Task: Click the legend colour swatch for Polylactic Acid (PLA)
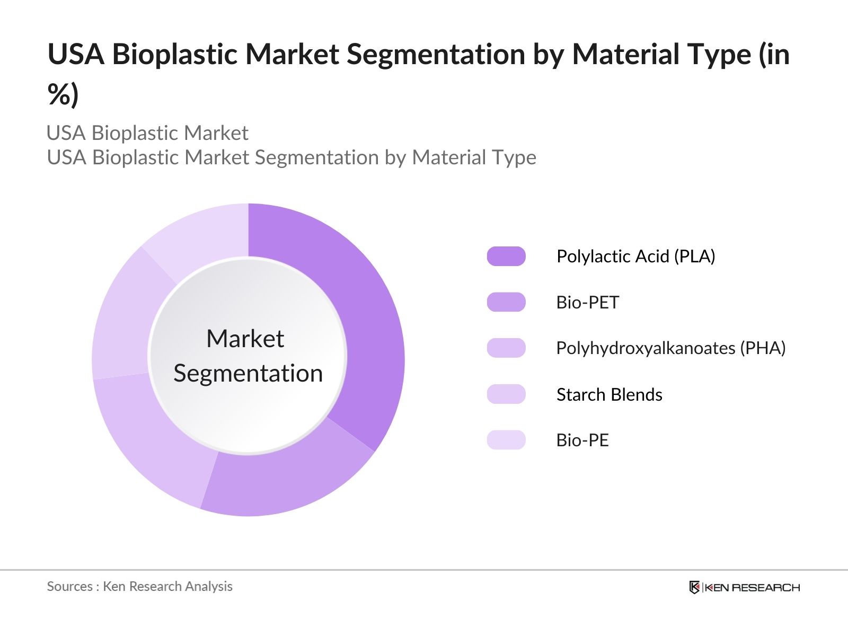506,257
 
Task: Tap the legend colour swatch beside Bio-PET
506,302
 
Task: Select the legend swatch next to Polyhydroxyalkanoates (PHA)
506,348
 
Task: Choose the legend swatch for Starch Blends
506,394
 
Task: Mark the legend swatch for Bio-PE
506,440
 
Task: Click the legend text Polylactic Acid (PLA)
635,257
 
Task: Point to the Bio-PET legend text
587,303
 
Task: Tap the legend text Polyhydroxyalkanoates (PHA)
670,348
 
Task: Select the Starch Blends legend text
609,395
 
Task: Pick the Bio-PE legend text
582,440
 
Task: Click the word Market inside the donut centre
245,339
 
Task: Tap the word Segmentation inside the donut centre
248,374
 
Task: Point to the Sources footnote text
139,586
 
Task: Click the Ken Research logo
744,587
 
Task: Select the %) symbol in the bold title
63,95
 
